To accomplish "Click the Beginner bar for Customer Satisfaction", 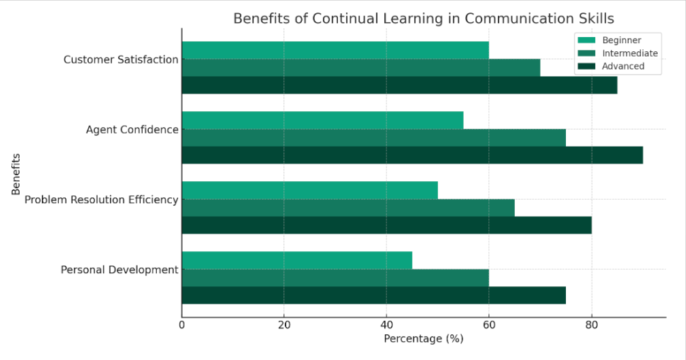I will [x=335, y=50].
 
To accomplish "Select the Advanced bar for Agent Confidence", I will [x=412, y=155].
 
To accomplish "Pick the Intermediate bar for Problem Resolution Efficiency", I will [x=348, y=208].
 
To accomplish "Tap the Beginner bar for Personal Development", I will [x=297, y=260].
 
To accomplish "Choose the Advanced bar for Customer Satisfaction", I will [x=399, y=85].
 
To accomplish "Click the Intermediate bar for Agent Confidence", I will [x=374, y=137].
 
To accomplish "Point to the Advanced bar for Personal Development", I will [x=374, y=295].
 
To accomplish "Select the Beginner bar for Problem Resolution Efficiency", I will [x=310, y=190].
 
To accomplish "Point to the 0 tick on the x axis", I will [x=182, y=325].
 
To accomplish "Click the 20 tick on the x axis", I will [x=284, y=325].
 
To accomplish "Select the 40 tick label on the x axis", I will [x=387, y=325].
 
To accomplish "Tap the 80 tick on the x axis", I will [x=591, y=325].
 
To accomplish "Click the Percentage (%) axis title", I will [x=423, y=338].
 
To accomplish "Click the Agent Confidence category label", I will [x=132, y=129].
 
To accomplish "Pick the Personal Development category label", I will [x=119, y=269].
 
